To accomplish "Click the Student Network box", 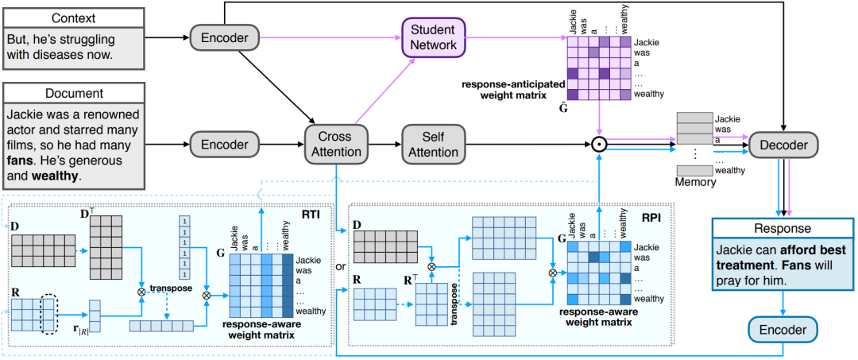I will tap(434, 37).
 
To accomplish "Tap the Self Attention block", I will tap(433, 145).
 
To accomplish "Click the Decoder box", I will tap(783, 145).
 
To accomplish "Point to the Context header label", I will tap(74, 17).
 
